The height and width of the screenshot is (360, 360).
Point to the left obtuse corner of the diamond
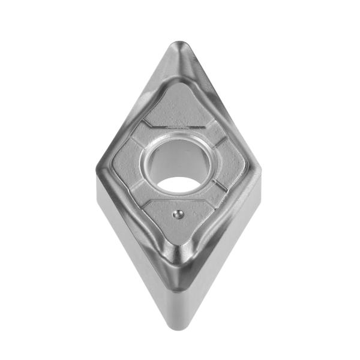point(98,169)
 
